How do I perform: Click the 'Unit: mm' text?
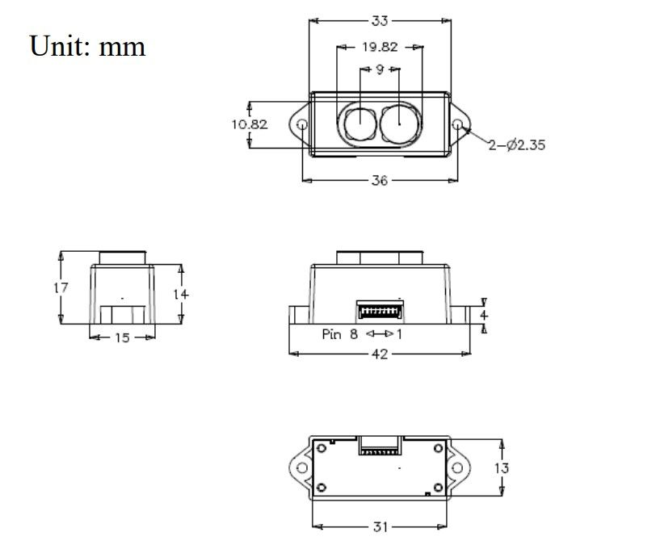(x=87, y=45)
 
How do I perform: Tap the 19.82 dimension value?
(x=379, y=47)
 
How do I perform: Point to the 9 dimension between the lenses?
(x=379, y=70)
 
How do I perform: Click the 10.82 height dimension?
(x=249, y=124)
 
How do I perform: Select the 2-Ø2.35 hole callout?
(x=516, y=145)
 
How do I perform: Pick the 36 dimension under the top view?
(x=379, y=180)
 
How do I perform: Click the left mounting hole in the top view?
(x=302, y=125)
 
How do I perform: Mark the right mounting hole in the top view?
(x=457, y=125)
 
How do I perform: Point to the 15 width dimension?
(x=121, y=337)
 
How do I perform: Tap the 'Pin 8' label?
(x=339, y=334)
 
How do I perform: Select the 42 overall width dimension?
(x=379, y=354)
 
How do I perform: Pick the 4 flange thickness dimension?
(x=484, y=314)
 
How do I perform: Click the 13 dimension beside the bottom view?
(x=501, y=467)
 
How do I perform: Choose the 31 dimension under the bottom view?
(x=381, y=527)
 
